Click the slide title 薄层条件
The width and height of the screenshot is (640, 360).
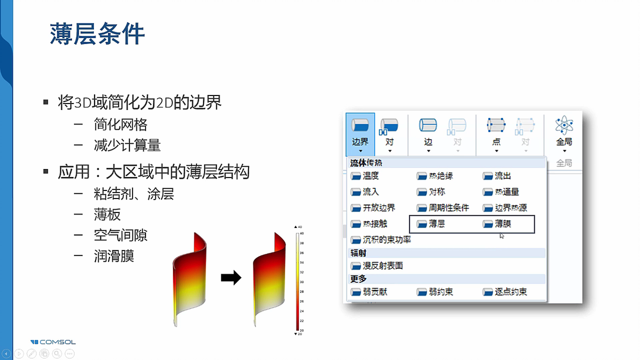97,33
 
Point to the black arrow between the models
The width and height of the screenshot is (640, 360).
231,278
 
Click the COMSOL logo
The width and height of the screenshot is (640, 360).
53,342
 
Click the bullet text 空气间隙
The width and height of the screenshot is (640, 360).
120,235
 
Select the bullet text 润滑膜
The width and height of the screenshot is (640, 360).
113,256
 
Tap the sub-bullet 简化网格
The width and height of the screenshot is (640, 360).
120,124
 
